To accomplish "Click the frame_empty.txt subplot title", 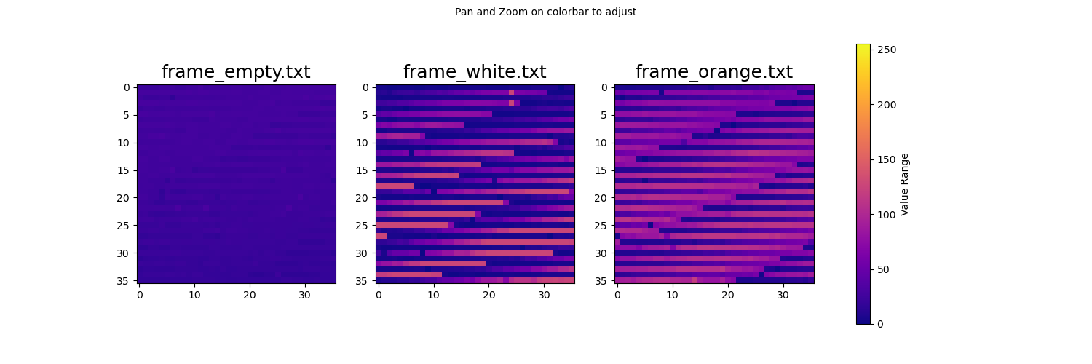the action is pos(236,72).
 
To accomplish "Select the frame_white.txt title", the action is pos(475,72).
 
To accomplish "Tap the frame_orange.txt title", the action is pos(714,72).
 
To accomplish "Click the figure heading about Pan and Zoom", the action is pos(545,12).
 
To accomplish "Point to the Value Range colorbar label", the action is pos(904,184).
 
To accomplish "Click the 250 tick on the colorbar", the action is pos(887,50).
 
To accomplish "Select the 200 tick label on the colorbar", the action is pos(887,105).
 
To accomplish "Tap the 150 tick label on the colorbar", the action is pos(887,160).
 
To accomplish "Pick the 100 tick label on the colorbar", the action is pos(887,215).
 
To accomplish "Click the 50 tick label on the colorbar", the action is pos(883,269).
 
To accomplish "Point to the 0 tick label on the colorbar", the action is pos(880,324).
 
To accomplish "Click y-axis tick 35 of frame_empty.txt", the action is pos(123,281).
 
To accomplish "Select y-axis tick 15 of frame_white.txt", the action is pos(363,170).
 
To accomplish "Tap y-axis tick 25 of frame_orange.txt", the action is pos(601,226).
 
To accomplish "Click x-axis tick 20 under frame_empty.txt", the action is pos(250,295).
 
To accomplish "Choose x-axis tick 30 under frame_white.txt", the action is pos(544,295).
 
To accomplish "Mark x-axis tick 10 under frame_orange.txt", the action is pos(672,295).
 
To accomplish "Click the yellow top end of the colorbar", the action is pos(863,45).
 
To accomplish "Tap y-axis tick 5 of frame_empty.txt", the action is pos(127,116).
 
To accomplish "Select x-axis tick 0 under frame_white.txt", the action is pos(379,295).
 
